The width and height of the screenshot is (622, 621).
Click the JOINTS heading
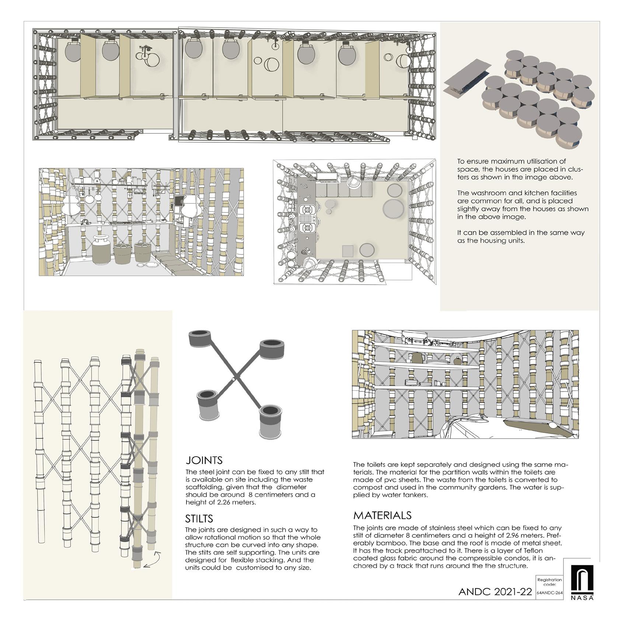(x=204, y=460)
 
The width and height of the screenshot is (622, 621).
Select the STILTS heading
(x=199, y=519)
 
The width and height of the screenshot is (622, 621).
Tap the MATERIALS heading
(x=382, y=515)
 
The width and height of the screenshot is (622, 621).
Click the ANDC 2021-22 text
(x=495, y=592)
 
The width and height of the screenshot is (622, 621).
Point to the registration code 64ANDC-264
(x=549, y=593)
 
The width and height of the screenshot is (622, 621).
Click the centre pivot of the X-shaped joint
(x=233, y=379)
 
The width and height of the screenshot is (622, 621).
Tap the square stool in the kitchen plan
(x=348, y=251)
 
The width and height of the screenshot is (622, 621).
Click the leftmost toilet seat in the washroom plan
(x=73, y=52)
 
